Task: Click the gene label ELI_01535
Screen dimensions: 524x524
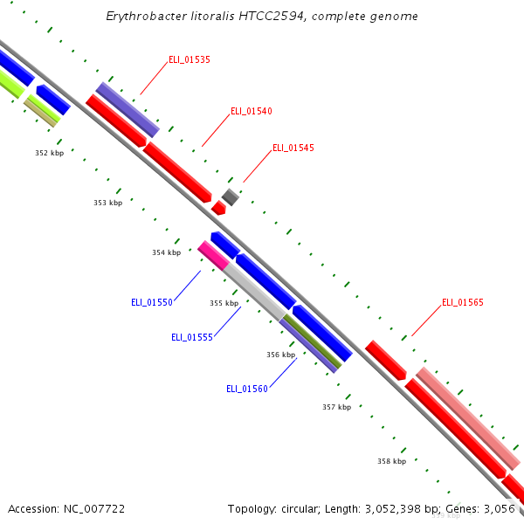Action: (x=189, y=59)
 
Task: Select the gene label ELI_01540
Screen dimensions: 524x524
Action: (x=251, y=111)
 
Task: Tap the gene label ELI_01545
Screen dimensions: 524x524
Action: (x=293, y=148)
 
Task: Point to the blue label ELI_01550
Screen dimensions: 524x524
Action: (x=152, y=302)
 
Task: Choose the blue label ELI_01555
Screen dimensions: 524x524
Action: (x=192, y=337)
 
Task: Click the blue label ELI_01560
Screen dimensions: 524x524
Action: (x=247, y=389)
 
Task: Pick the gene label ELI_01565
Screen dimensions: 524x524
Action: (x=462, y=302)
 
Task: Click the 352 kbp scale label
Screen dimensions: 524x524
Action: (x=49, y=153)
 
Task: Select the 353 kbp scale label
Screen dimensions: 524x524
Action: (x=107, y=203)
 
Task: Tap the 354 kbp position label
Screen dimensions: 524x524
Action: (x=166, y=252)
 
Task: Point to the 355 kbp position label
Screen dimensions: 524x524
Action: (x=224, y=303)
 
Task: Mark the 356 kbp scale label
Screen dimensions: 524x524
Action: (x=280, y=355)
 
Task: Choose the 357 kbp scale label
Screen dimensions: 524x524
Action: (x=336, y=407)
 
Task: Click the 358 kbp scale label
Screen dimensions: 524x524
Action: (x=391, y=460)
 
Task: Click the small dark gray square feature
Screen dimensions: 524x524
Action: (x=230, y=196)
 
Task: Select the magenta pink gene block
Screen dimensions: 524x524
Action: (x=213, y=255)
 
